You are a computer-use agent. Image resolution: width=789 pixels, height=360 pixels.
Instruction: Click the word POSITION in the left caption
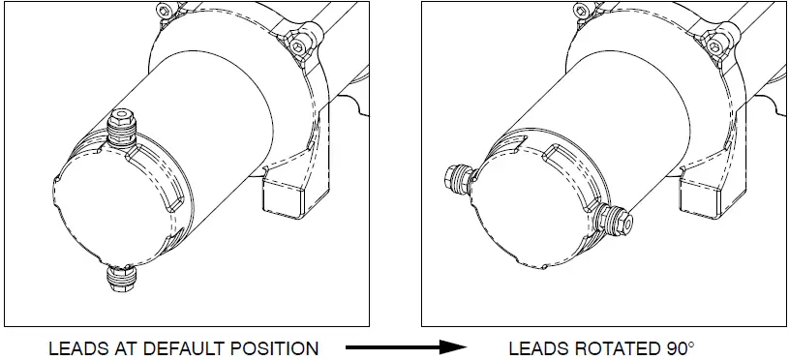pyautogui.click(x=273, y=347)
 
